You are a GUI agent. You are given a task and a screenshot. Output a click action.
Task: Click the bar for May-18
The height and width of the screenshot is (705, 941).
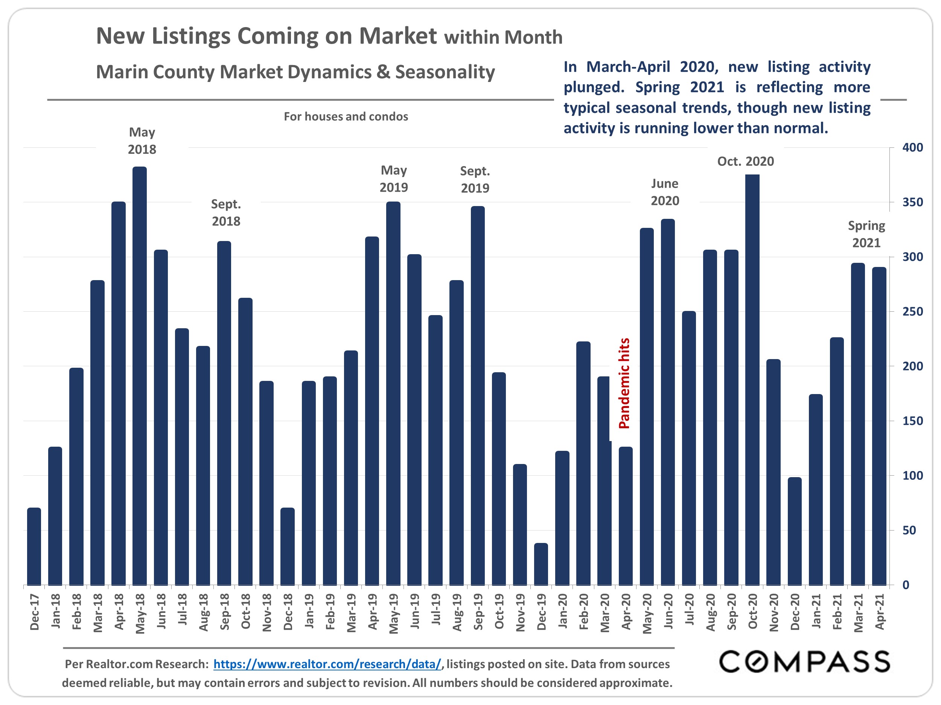[140, 376]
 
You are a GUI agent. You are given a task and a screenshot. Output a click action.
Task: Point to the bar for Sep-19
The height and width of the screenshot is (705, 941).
[477, 395]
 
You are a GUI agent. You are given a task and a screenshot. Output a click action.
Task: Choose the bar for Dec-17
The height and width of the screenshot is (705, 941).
[34, 546]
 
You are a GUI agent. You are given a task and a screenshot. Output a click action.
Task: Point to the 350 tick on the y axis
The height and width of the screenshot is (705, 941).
[912, 202]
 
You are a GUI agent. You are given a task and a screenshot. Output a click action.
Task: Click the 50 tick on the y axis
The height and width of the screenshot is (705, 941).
[909, 530]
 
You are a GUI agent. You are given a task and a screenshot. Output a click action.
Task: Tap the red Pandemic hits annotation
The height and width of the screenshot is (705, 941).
[624, 383]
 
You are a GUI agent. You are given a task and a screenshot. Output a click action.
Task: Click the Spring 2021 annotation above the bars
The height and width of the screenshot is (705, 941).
[866, 234]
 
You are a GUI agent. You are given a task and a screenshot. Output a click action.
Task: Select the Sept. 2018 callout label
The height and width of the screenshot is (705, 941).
[226, 212]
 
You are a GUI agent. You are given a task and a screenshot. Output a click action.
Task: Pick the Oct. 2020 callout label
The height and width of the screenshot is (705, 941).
[745, 161]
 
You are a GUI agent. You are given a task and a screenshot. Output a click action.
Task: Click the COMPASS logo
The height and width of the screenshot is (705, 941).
[804, 662]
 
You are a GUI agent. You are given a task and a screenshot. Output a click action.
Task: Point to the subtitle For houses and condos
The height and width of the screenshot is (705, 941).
[346, 117]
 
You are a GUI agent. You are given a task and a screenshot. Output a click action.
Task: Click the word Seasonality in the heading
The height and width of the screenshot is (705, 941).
[445, 72]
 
